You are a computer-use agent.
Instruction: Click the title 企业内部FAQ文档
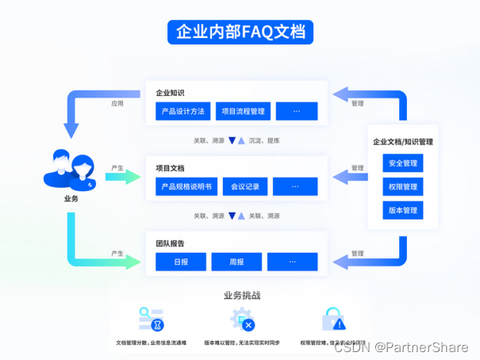(x=240, y=32)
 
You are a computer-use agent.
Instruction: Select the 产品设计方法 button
(x=182, y=111)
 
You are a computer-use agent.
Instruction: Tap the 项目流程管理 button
(x=244, y=111)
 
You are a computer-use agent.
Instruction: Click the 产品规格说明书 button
(x=186, y=187)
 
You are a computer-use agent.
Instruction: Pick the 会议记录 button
(x=245, y=187)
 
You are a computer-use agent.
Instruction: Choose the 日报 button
(x=181, y=262)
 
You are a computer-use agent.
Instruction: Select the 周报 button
(x=236, y=262)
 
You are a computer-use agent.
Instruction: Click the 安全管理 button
(x=403, y=164)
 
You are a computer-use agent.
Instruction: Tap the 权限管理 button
(x=403, y=187)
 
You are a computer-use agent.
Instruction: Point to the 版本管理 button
(x=403, y=210)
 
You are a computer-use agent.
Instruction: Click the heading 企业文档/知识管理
(x=403, y=143)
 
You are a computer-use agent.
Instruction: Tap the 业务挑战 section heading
(x=240, y=295)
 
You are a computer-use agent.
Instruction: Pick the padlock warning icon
(x=333, y=320)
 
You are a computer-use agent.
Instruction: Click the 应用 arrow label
(x=117, y=103)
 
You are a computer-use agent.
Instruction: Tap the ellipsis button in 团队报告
(x=292, y=262)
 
